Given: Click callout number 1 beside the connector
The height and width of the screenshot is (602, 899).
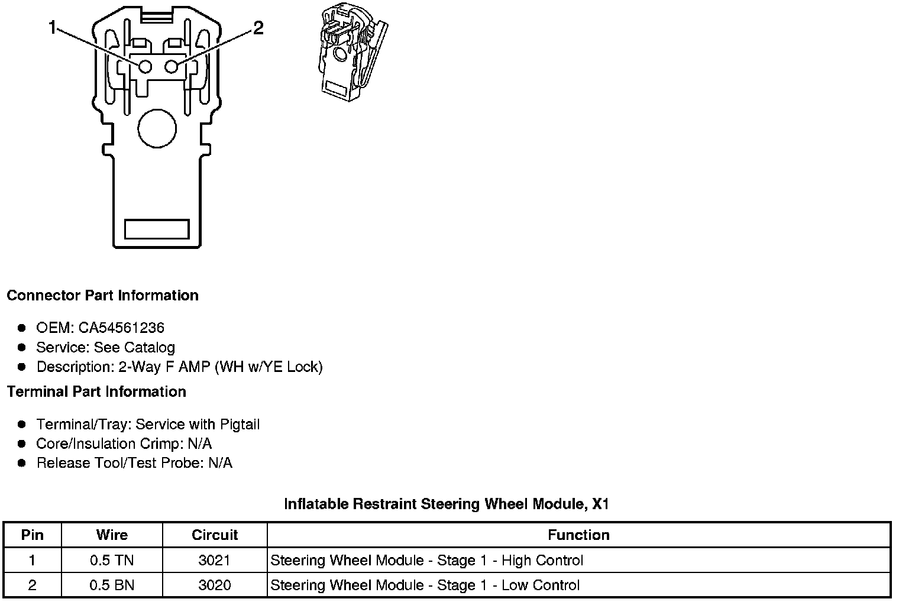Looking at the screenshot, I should tap(53, 28).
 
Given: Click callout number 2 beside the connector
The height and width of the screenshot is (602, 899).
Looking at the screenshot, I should tap(258, 28).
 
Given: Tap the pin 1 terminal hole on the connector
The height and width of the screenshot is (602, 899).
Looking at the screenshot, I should tap(145, 67).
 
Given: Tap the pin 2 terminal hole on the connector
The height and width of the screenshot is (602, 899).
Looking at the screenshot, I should tap(172, 67).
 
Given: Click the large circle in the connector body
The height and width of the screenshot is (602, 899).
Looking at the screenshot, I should tap(157, 128).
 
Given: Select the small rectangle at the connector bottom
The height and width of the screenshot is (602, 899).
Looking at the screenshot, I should tap(157, 229).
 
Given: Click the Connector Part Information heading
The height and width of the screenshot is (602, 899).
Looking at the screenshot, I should tap(102, 295).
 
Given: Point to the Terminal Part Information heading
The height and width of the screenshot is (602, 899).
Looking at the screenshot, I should tap(96, 391).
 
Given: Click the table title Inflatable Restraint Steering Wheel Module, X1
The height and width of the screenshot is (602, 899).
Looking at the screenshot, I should tap(447, 504).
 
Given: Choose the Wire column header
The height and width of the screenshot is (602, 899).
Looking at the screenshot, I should tap(112, 535).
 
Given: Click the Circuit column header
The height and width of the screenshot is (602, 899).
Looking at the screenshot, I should tap(215, 535).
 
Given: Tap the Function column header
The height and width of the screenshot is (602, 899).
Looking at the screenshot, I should tap(578, 535).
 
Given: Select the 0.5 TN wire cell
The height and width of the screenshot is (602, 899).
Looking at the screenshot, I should tap(112, 561).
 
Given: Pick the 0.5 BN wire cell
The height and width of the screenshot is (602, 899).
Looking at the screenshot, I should tap(112, 585).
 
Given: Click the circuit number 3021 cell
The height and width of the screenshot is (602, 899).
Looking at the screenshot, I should tap(215, 561).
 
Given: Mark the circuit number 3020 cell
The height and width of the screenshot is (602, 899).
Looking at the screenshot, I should tap(215, 585).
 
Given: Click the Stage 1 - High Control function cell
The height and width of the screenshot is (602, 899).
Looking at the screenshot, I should tap(426, 561).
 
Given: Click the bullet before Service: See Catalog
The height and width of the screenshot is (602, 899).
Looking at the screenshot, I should tap(22, 347).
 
